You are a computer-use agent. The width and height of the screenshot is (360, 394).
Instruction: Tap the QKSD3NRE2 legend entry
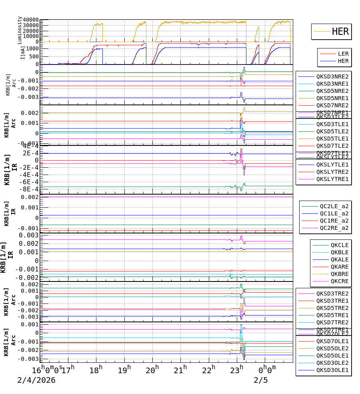coord(332,76)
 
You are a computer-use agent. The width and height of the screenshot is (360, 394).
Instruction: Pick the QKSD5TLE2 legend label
coord(332,131)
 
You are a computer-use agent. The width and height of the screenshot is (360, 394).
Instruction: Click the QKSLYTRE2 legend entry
coord(332,172)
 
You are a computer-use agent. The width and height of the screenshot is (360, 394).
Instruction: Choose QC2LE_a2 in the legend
coord(334,206)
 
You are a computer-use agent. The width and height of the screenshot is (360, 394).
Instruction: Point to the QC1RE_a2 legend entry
coord(334,221)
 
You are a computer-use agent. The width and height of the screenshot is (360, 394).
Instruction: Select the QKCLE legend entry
coord(340,245)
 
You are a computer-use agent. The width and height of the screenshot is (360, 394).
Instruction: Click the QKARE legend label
coord(340,267)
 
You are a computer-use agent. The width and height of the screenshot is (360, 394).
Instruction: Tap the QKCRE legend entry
coord(340,281)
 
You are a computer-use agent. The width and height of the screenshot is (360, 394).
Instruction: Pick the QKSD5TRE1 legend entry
coord(332,315)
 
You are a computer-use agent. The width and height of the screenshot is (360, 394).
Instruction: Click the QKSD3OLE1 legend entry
coord(332,370)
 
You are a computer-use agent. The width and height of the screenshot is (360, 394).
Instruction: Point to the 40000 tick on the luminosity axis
coord(31,20)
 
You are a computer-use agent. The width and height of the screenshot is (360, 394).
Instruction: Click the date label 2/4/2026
coord(36,380)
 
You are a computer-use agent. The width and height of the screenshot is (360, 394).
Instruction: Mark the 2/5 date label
coord(260,380)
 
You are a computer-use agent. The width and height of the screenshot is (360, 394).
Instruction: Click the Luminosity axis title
coord(20,30)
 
